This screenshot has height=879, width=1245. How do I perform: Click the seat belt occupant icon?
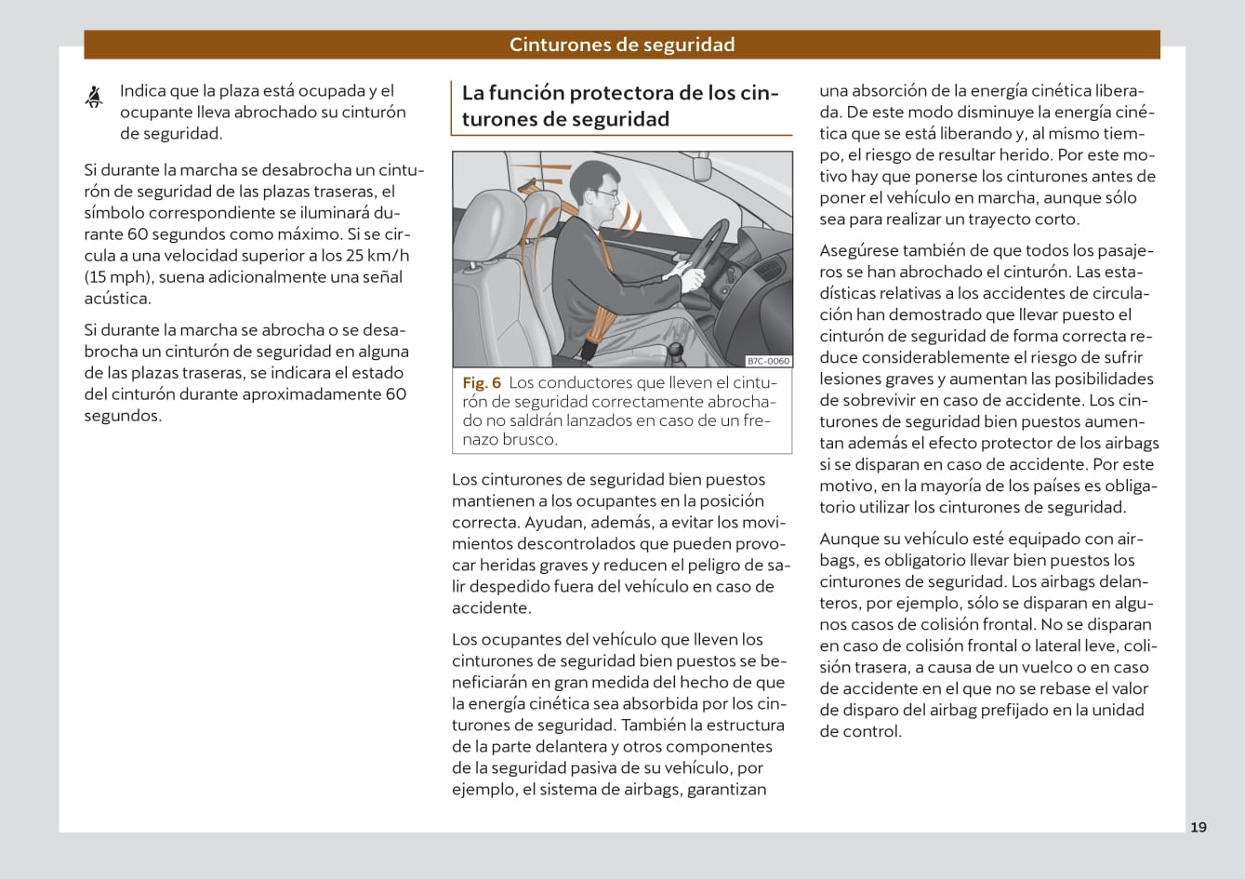point(94,96)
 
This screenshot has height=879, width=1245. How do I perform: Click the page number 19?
point(1199,827)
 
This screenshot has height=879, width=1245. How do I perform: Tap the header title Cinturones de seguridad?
point(622,45)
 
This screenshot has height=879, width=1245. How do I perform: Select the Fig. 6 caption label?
point(482,382)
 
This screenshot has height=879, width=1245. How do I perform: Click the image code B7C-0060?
point(768,361)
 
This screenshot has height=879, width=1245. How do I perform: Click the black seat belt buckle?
point(589,351)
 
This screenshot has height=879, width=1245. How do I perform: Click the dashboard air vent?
point(768,272)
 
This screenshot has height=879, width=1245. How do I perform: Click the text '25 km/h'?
point(377,256)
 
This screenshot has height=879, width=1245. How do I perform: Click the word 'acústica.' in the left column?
point(117,299)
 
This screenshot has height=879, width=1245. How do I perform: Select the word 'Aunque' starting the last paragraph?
point(845,539)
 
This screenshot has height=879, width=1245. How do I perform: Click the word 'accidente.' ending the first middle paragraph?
point(491,608)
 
